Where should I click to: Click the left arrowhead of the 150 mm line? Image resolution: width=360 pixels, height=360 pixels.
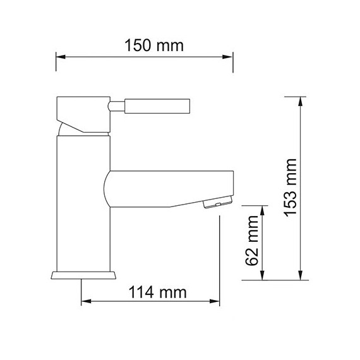[60, 57]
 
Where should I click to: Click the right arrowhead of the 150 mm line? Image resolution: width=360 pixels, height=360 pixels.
[231, 57]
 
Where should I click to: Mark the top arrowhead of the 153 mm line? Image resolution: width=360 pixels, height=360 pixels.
[302, 100]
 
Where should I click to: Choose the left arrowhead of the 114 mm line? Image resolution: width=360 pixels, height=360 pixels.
[85, 302]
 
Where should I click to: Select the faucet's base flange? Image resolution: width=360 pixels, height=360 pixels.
[83, 275]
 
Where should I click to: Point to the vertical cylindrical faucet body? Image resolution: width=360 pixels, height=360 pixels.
[82, 208]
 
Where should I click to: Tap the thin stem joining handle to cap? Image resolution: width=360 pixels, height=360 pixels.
[117, 105]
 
